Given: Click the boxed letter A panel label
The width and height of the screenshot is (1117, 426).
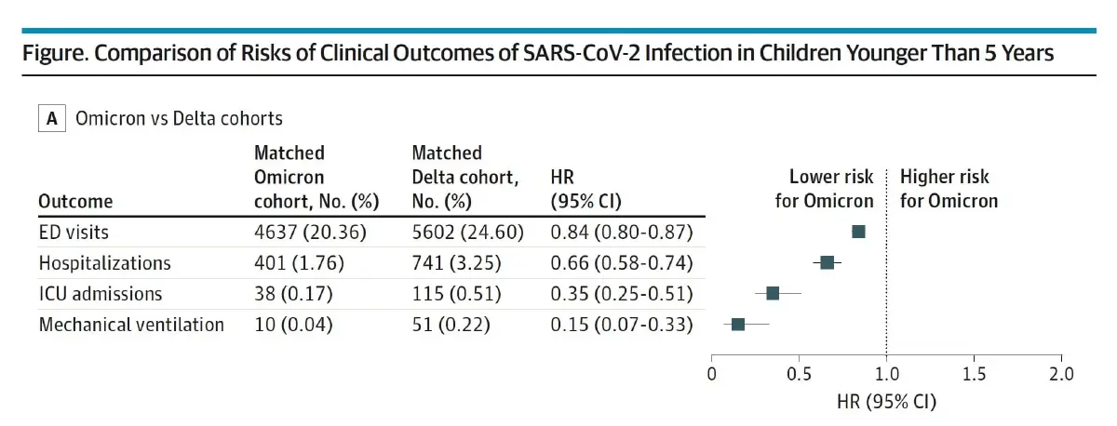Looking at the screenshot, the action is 52,118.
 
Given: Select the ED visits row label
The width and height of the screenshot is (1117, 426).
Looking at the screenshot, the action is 74,233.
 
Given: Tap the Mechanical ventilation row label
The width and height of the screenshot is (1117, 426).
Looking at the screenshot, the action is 131,325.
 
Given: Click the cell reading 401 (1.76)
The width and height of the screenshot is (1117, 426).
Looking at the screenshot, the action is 299,263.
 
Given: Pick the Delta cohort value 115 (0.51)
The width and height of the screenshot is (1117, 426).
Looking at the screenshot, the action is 456,294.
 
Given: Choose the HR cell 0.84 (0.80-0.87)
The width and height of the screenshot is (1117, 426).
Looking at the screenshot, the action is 622,233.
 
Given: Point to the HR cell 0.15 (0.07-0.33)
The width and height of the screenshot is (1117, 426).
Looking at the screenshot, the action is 622,325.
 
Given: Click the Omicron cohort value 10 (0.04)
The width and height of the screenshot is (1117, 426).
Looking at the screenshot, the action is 293,325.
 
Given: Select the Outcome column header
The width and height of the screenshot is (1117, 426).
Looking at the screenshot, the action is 75,201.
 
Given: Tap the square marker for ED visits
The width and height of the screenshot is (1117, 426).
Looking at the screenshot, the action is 858,232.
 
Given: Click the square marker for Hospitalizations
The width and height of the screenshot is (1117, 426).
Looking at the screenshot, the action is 827,262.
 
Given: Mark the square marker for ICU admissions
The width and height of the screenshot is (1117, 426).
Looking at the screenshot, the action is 773,294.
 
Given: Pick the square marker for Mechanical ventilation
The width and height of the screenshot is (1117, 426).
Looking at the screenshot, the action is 738,325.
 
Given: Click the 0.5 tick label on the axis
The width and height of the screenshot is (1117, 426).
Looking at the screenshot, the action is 799,374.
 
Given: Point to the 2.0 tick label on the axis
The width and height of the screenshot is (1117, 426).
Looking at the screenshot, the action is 1061,374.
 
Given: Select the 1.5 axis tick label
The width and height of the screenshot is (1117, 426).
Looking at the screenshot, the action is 974,374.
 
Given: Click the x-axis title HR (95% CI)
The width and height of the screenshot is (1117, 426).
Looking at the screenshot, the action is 886,402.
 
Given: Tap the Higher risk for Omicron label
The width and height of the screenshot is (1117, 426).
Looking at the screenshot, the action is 949,189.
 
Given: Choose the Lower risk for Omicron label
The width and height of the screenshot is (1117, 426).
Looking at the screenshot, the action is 825,189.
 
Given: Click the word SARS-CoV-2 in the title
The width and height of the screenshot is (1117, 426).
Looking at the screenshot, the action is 581,53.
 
